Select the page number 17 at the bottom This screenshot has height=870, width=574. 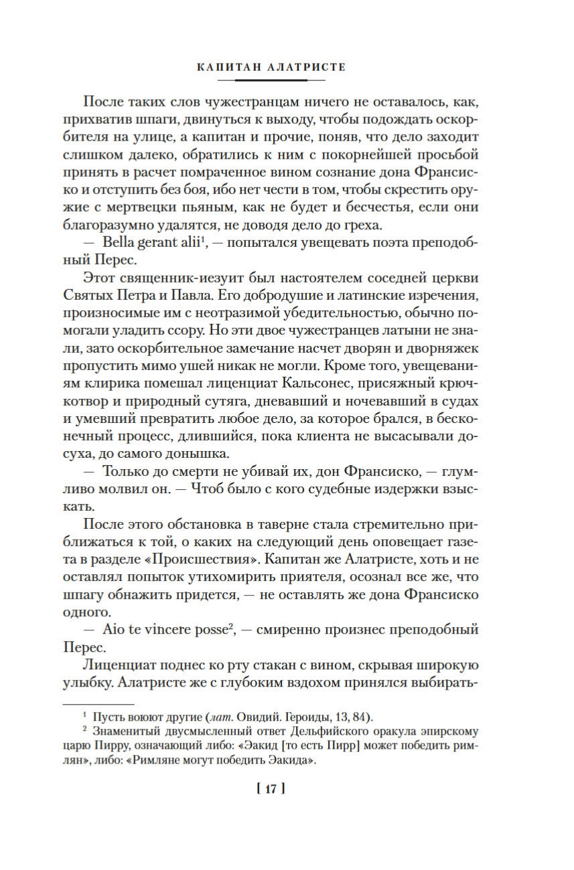[x=271, y=789]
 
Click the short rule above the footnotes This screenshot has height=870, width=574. [x=98, y=704]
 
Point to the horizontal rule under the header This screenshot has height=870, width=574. [x=271, y=80]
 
